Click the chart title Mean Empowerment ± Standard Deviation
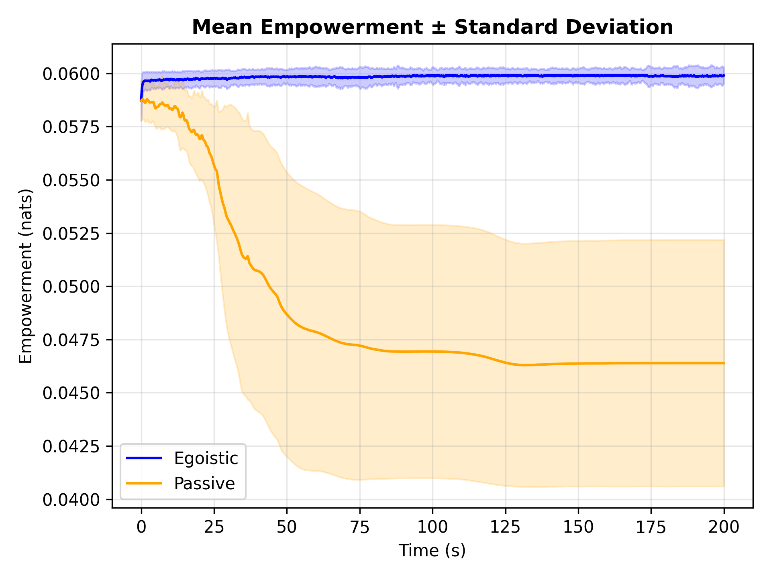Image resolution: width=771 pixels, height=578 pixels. click(x=432, y=27)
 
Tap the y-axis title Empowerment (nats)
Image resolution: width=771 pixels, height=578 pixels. click(x=26, y=276)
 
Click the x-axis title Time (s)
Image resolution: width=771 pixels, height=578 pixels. click(x=432, y=551)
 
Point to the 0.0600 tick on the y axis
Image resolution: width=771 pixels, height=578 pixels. click(x=71, y=74)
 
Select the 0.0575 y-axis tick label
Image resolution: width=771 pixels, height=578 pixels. click(x=71, y=127)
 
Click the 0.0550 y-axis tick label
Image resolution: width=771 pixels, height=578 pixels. click(x=71, y=181)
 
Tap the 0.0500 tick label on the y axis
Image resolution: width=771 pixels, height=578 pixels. click(x=71, y=287)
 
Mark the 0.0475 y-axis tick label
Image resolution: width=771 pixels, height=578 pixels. click(x=71, y=340)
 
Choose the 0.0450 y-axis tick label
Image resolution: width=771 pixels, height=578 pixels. click(x=71, y=393)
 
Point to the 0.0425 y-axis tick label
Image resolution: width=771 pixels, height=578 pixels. click(x=71, y=446)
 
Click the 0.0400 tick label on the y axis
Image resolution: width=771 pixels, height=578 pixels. click(x=71, y=500)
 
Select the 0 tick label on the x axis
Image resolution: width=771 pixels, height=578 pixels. click(x=141, y=527)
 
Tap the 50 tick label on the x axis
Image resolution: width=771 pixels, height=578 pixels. click(x=287, y=527)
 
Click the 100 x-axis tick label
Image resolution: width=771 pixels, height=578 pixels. click(x=432, y=527)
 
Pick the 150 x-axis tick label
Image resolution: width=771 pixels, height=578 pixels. click(x=578, y=527)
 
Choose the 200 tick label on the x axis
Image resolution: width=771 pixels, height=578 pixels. click(x=724, y=527)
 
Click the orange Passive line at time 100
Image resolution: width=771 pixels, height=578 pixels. click(x=432, y=351)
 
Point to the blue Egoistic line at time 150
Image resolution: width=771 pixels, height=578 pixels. click(x=578, y=75)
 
